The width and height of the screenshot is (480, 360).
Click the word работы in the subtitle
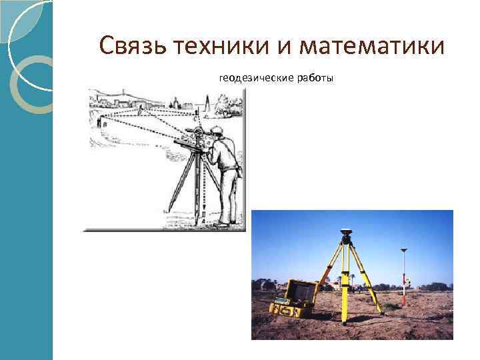(x=316, y=79)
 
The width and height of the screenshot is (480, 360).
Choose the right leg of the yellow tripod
(x=369, y=280)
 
